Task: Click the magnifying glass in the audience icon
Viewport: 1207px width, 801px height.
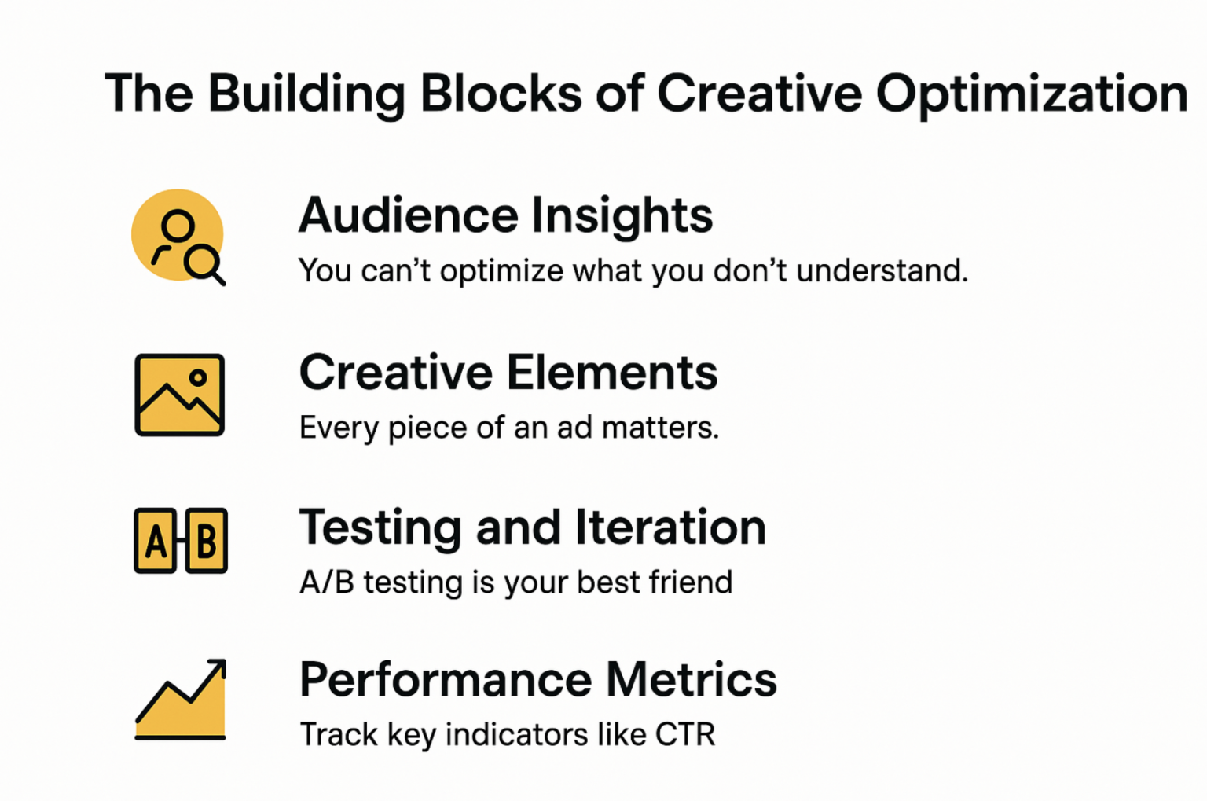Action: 204,264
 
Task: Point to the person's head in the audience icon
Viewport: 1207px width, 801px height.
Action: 178,225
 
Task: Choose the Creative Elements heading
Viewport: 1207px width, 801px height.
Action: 508,372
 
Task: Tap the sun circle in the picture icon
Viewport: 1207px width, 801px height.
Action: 198,378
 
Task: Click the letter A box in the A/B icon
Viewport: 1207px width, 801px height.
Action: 155,540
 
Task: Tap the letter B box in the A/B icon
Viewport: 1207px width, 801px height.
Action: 207,540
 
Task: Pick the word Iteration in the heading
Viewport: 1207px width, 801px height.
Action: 670,527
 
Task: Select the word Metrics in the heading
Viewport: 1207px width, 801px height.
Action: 692,680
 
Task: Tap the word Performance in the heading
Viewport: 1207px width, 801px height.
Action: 446,680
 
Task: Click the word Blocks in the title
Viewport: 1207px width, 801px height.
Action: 501,94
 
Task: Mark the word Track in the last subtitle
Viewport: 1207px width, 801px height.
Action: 339,734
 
